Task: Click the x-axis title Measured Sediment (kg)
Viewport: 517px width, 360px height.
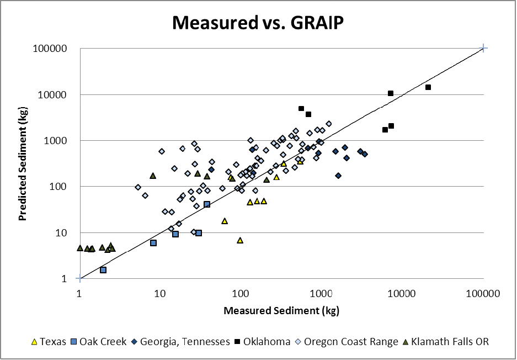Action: (x=281, y=310)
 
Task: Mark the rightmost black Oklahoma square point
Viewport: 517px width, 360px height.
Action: (x=428, y=87)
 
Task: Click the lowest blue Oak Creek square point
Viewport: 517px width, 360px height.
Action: (x=103, y=270)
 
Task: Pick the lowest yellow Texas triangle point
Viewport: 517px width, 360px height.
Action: (x=240, y=240)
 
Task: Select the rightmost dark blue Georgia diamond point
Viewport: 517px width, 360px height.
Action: (x=365, y=154)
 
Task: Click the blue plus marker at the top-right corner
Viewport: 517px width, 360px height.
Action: (x=484, y=49)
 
